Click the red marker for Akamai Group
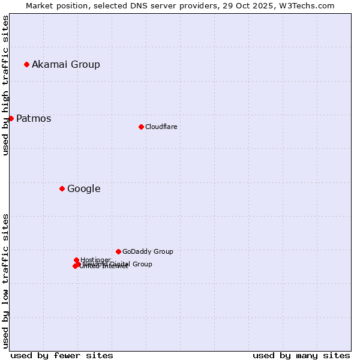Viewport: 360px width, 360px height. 26,64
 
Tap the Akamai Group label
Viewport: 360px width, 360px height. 66,65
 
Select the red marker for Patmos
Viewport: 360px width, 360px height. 11,118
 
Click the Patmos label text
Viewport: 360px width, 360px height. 34,119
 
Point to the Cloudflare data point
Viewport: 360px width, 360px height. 141,127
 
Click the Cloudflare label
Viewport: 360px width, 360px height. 161,127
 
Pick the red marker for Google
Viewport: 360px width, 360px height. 62,188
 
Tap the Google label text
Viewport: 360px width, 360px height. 83,189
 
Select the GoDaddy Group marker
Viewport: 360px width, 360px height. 118,251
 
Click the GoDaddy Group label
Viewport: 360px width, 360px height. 148,252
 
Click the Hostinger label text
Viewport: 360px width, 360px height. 95,260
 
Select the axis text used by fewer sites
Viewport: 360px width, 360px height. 62,355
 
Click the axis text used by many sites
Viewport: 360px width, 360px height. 301,355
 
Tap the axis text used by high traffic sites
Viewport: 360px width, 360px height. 5,85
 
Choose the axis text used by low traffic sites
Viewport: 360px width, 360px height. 5,280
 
